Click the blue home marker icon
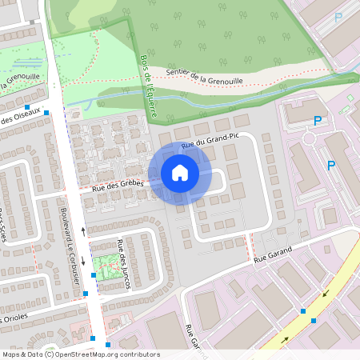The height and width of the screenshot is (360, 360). [179, 173]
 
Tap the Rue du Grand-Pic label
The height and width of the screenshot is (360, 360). [210, 142]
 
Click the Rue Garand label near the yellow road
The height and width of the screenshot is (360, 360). [273, 255]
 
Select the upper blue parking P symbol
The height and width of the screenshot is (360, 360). [318, 121]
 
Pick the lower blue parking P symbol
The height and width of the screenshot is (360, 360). [330, 165]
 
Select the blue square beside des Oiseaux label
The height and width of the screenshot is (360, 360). [46, 113]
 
